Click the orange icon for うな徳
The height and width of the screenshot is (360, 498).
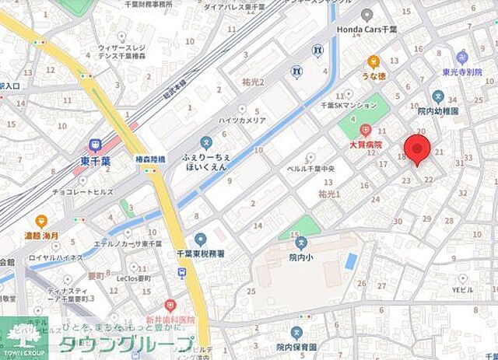[x=373, y=61]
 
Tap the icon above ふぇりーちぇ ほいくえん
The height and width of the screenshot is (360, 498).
[x=205, y=142]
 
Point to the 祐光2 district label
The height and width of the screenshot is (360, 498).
[x=254, y=82]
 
